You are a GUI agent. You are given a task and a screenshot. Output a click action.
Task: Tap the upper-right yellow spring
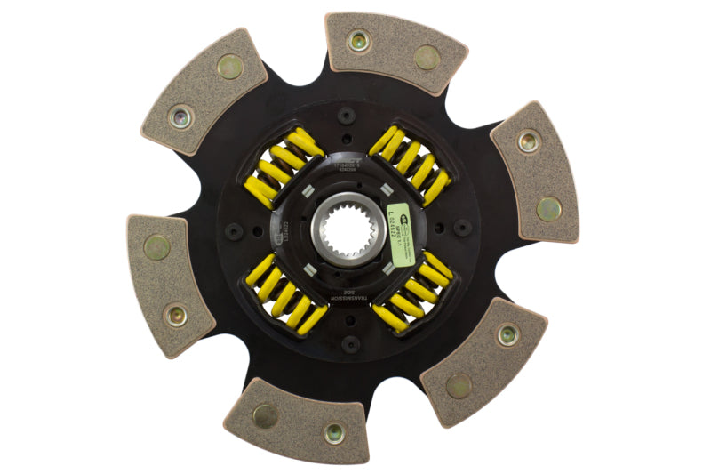click(410, 164)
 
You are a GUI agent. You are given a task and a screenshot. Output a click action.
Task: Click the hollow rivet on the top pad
click(358, 40)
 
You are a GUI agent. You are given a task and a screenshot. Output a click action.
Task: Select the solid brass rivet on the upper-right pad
click(548, 208)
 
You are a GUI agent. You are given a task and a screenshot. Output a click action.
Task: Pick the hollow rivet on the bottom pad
click(333, 432)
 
